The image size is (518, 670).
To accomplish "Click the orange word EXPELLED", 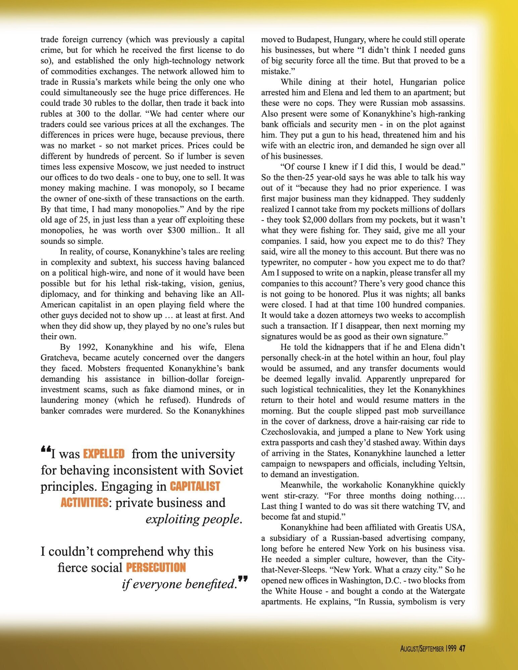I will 104,454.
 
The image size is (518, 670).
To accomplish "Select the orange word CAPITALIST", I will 194,486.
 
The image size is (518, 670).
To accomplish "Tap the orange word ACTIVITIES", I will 84,503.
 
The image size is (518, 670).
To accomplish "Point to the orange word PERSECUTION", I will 156,567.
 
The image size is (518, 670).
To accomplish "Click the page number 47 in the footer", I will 462,649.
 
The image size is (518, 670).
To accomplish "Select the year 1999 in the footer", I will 451,649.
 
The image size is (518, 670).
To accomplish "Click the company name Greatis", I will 431,527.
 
